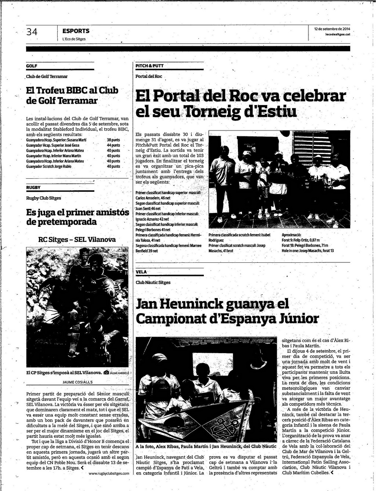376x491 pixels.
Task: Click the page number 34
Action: pos(32,32)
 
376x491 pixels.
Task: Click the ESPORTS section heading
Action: pos(76,31)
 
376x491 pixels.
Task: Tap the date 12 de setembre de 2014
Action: pos(332,29)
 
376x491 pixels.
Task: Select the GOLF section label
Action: pos(32,66)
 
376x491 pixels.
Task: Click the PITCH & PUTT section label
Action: pos(149,66)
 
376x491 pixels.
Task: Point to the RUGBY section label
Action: pos(33,187)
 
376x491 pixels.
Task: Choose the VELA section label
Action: pos(141,272)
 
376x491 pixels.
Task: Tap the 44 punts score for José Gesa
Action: pos(113,146)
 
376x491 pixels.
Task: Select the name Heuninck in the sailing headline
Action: pos(194,304)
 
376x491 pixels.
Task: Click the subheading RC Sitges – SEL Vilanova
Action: pos(77,240)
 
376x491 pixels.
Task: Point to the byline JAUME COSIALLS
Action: pos(77,382)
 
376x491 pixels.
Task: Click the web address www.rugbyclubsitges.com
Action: pos(109,474)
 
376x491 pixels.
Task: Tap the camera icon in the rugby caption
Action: pos(106,373)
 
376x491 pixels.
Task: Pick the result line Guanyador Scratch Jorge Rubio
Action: pos(49,166)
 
